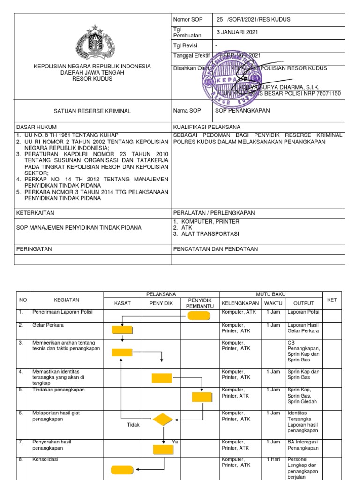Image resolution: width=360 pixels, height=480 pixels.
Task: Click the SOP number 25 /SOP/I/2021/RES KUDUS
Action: coord(253,20)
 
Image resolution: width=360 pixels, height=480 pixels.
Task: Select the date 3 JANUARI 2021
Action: coord(237,32)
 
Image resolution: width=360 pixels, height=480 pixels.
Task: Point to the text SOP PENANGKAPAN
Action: coord(242,111)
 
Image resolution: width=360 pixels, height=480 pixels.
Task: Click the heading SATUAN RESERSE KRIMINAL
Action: coord(92,111)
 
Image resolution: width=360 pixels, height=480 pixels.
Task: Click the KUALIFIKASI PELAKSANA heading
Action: coord(207,127)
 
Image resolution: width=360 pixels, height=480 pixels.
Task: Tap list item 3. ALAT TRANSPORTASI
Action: coord(206,234)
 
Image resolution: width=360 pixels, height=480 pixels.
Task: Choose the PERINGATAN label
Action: coord(34,249)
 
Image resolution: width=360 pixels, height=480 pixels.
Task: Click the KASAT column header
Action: coord(122,303)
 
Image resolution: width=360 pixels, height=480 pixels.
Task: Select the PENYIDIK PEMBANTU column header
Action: coord(200,303)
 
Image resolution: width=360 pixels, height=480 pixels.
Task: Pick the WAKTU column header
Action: coord(273,303)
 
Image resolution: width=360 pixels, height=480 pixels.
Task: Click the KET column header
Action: coord(332,300)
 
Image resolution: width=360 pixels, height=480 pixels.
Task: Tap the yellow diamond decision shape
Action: coord(163,420)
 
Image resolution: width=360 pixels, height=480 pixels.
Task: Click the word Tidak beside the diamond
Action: coord(134,425)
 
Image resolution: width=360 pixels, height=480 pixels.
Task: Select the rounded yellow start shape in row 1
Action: coord(200,315)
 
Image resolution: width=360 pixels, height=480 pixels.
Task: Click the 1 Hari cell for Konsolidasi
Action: coord(273,459)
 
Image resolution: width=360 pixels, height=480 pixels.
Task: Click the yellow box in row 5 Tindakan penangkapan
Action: coord(202,397)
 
